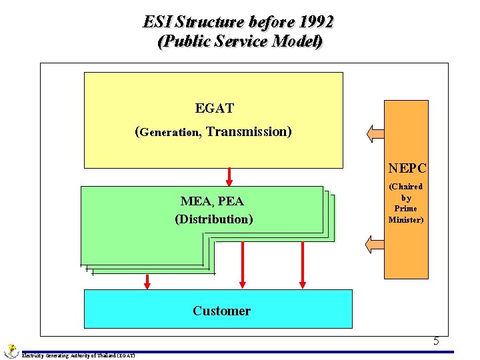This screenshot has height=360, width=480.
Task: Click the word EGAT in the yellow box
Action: click(214, 108)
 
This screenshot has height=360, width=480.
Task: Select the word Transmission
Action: click(249, 131)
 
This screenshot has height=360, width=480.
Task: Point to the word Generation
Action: click(170, 133)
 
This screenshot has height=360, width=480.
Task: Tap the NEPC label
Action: click(407, 169)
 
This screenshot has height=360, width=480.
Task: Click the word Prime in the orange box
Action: click(406, 209)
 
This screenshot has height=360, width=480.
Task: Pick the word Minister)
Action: click(406, 219)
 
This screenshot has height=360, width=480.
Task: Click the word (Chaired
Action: click(406, 187)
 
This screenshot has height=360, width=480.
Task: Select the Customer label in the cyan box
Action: click(221, 311)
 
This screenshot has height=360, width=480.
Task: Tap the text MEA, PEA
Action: click(212, 201)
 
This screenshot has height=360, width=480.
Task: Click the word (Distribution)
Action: click(214, 219)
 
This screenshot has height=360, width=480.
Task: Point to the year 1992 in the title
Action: click(311, 21)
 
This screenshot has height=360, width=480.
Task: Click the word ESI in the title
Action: click(158, 21)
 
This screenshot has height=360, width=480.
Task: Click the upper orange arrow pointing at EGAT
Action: click(375, 133)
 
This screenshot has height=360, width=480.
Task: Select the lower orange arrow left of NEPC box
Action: click(375, 245)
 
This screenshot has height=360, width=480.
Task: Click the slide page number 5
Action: click(436, 341)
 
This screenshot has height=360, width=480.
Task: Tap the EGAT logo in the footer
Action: click(11, 350)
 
